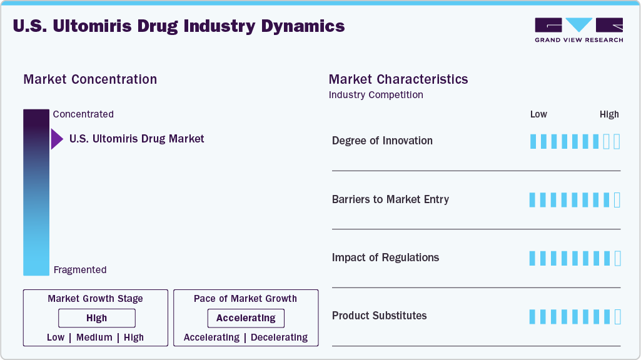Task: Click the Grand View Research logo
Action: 578,30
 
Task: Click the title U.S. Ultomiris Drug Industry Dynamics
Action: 178,26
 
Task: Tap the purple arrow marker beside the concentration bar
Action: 56,139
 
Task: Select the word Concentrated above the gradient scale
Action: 83,114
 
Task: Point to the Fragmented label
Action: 80,270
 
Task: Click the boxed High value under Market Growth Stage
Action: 97,318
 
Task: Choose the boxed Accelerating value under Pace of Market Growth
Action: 246,318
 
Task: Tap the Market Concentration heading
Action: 90,79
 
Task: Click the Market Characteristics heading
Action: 398,79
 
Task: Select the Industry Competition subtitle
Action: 376,95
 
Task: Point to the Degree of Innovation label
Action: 382,141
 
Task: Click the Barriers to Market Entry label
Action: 390,199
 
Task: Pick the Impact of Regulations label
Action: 385,257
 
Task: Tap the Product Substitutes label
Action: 379,316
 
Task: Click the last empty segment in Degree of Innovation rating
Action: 617,141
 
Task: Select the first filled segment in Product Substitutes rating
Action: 533,316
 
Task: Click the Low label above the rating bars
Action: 538,114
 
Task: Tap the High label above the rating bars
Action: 609,114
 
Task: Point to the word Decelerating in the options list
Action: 279,337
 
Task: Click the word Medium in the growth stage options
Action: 94,337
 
